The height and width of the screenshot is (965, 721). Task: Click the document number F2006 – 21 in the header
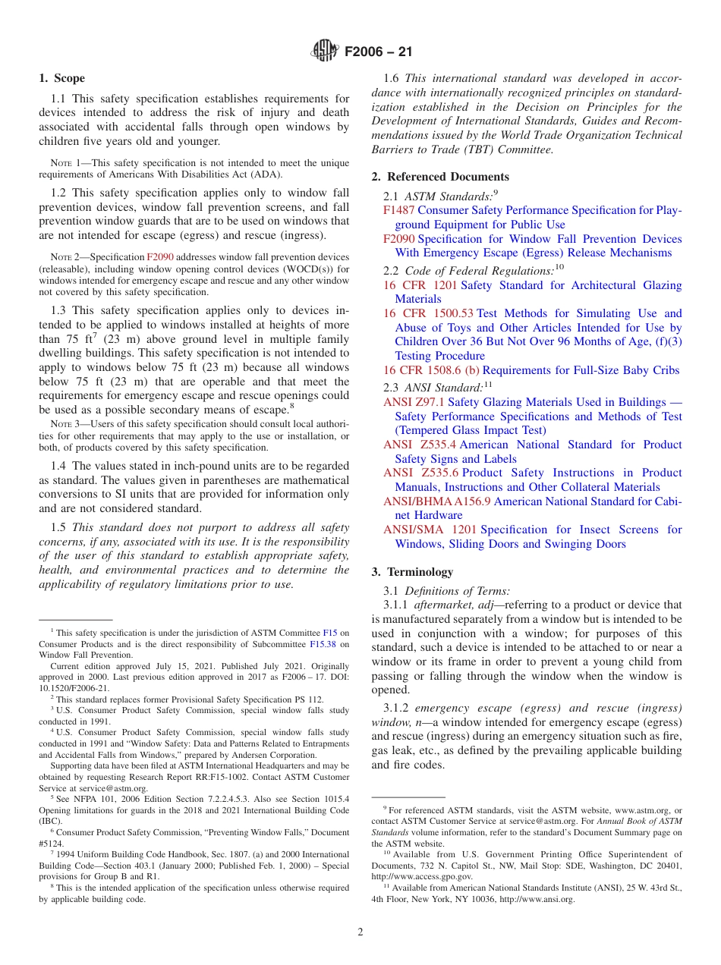click(378, 52)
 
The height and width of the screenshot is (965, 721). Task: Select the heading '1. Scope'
click(61, 78)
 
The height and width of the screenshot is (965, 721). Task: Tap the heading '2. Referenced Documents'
click(440, 177)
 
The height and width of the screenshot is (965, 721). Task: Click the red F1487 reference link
click(398, 210)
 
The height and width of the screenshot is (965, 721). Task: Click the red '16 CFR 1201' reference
click(420, 285)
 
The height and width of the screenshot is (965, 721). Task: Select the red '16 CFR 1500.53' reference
click(428, 313)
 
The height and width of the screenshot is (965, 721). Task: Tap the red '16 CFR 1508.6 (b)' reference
click(431, 370)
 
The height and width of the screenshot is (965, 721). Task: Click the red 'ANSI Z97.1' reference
click(414, 402)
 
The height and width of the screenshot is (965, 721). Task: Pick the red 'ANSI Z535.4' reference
click(420, 445)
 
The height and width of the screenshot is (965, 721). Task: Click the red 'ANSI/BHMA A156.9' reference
click(436, 501)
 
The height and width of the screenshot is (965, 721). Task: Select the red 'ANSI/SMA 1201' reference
click(430, 530)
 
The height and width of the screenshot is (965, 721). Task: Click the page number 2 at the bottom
click(360, 932)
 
